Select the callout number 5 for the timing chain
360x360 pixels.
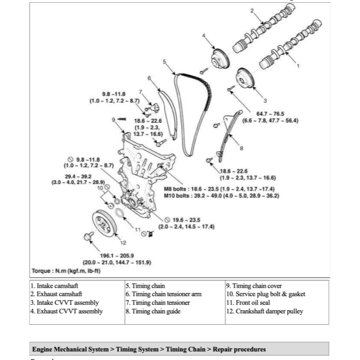point(164,61)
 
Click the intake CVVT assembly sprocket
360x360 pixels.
point(245,80)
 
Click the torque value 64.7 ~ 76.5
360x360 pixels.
point(271,113)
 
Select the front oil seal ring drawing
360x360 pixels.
point(119,214)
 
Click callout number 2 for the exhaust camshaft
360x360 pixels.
point(252,10)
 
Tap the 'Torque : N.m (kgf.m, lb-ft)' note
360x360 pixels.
point(66,271)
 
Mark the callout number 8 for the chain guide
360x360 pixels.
point(241,148)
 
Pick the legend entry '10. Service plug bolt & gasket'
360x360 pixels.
point(265,294)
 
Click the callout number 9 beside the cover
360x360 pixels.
point(113,119)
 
